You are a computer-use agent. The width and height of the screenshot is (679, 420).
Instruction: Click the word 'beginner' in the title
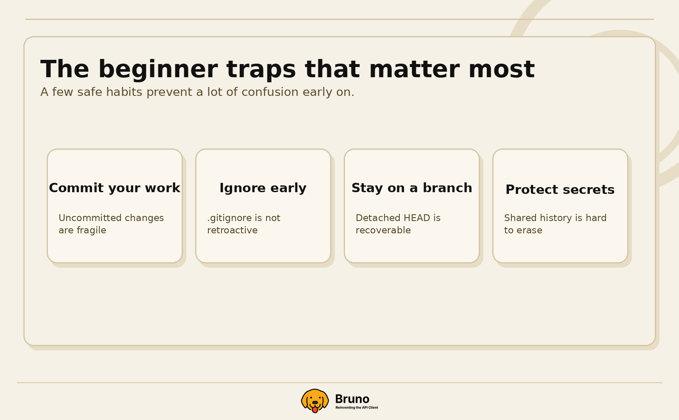click(157, 70)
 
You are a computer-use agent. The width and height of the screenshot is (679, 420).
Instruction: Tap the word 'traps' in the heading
click(261, 70)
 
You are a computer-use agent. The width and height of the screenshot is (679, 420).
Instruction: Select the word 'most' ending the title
click(501, 70)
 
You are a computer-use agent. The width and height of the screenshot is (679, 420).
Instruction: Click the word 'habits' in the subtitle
click(124, 92)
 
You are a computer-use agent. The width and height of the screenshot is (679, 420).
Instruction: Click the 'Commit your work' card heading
click(115, 188)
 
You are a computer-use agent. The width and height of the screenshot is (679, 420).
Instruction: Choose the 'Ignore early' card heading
click(263, 188)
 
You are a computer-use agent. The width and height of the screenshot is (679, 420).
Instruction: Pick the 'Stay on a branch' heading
click(412, 188)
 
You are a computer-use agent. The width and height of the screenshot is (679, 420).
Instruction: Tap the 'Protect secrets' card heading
click(560, 190)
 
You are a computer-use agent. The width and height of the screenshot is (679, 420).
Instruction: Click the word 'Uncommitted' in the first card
click(87, 218)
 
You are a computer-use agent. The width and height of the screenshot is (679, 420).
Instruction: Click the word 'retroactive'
click(232, 230)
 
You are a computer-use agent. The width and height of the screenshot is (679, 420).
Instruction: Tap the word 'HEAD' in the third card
click(417, 218)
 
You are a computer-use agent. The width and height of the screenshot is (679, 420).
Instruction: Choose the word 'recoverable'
click(383, 230)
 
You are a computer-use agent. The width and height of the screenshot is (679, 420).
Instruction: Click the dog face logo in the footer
click(315, 400)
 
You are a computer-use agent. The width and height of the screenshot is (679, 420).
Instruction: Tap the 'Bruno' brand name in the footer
click(352, 399)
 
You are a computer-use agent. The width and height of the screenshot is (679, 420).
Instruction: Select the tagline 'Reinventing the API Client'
click(356, 408)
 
